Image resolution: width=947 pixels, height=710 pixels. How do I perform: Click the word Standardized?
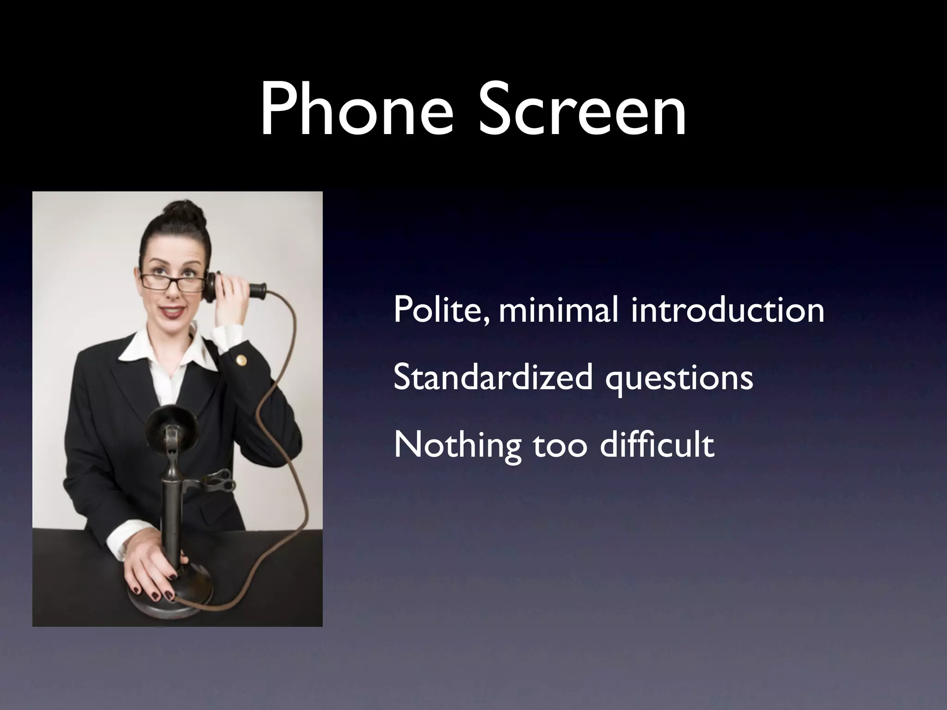point(492,377)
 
